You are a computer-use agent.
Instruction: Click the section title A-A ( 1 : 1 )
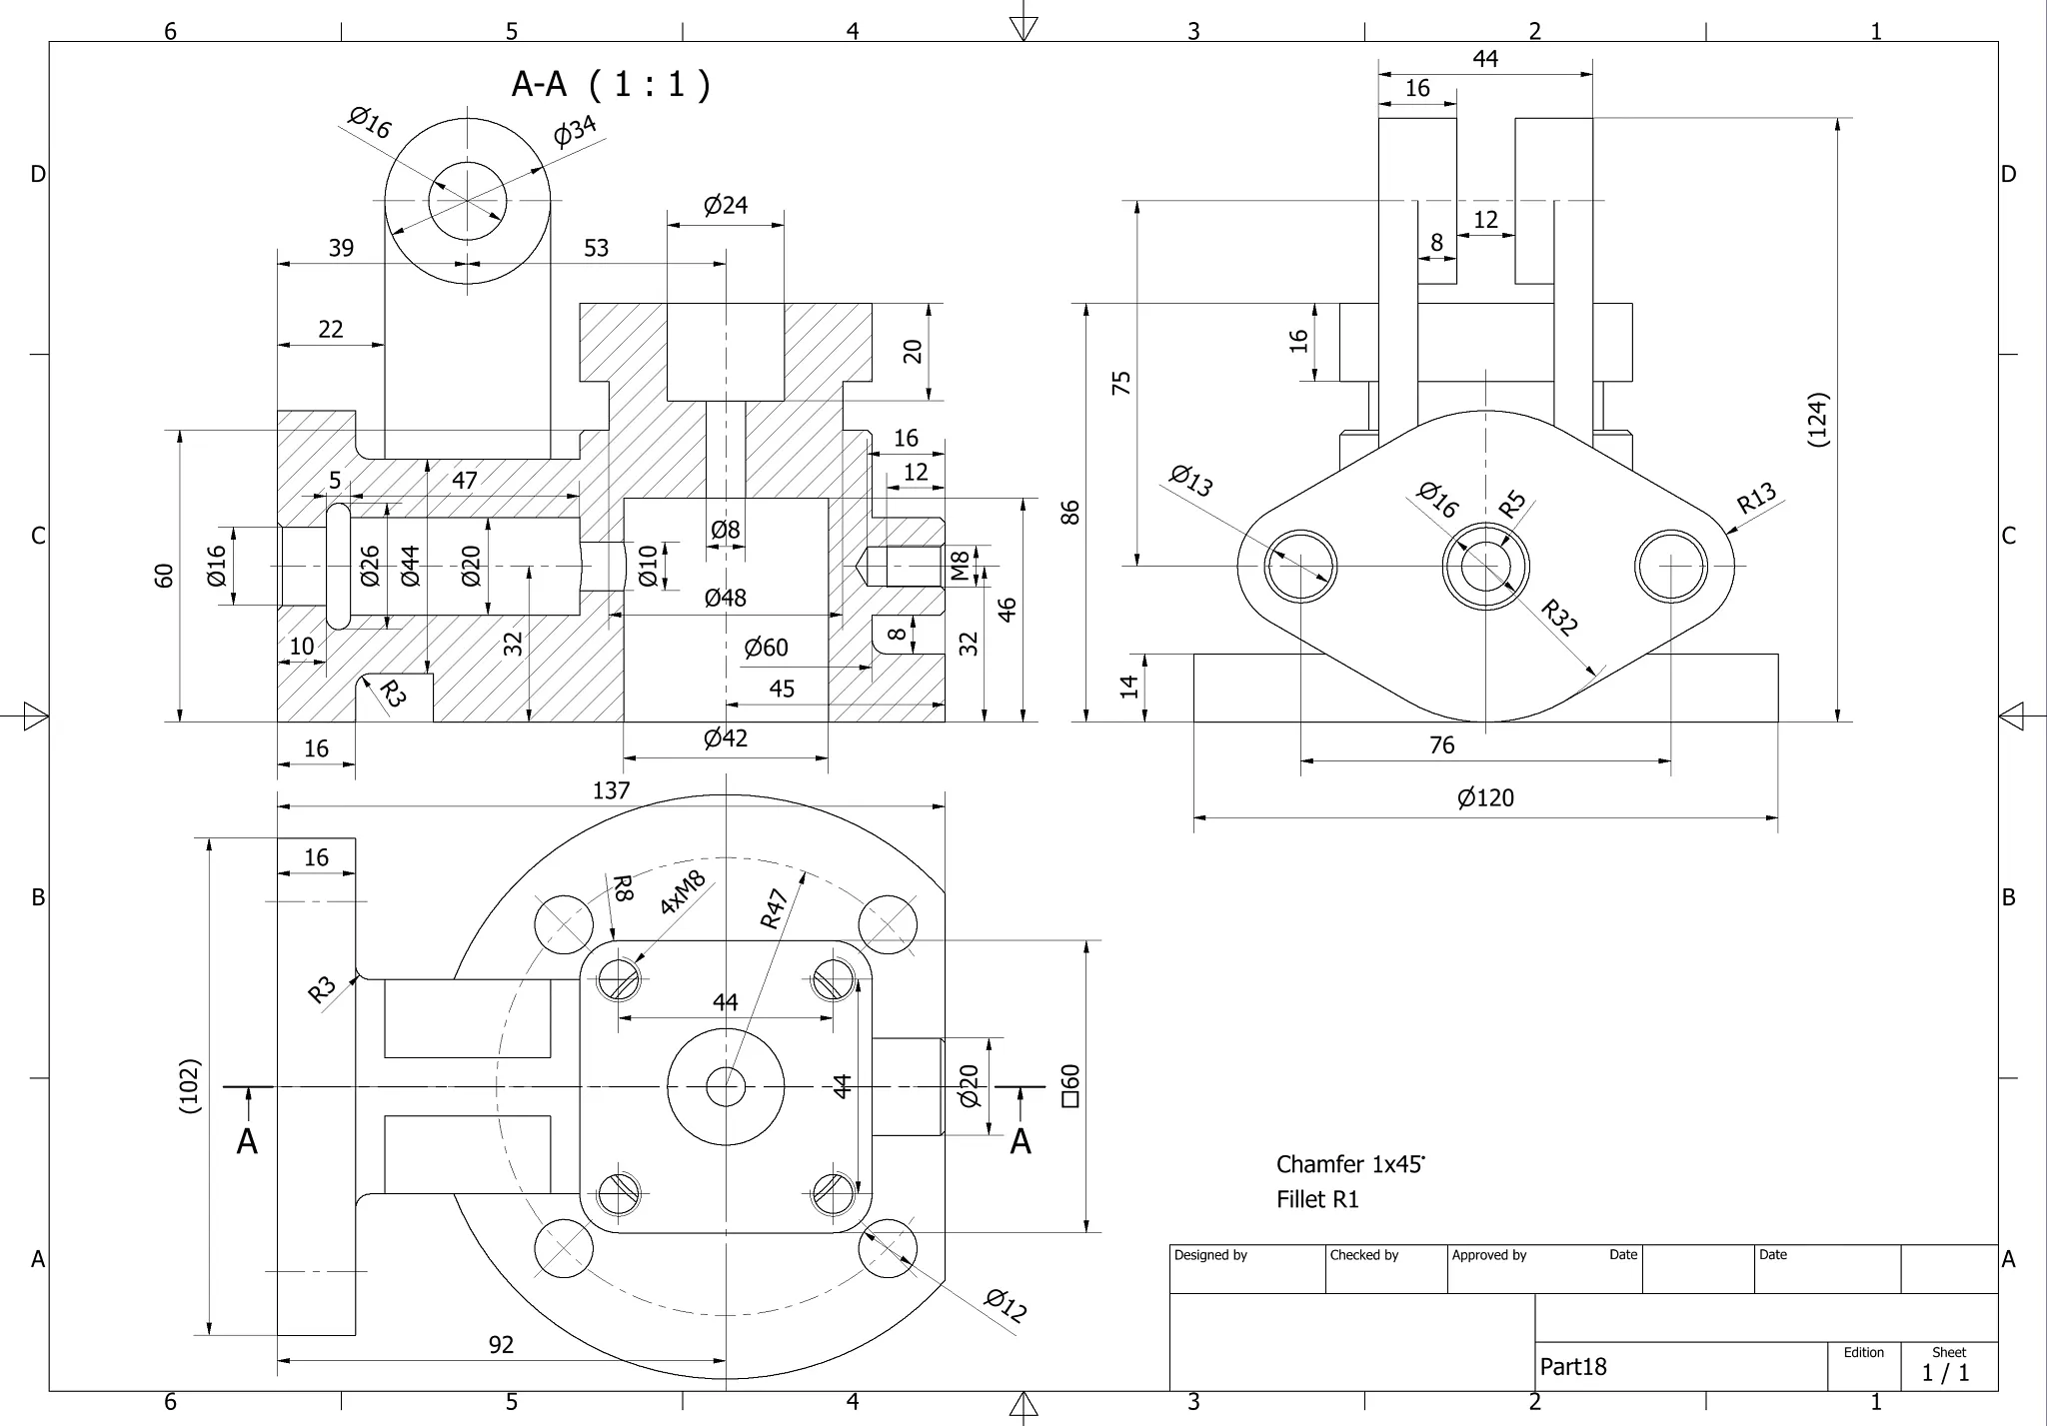(610, 84)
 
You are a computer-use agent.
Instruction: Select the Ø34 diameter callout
(575, 130)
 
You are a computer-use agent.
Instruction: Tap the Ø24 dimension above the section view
(725, 206)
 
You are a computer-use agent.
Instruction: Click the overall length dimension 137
(611, 790)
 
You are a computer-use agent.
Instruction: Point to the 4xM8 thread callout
(683, 892)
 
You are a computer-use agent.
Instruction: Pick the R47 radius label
(775, 908)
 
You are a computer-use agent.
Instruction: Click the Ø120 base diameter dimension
(1485, 797)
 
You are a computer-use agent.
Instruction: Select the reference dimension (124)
(1818, 419)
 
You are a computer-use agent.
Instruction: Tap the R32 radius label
(1558, 617)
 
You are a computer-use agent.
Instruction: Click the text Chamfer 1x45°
(1349, 1164)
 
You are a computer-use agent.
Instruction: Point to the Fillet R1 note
(1317, 1199)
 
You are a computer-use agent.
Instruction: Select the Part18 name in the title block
(1572, 1367)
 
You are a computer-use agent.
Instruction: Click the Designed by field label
(1210, 1255)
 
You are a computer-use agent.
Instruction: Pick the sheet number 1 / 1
(1945, 1373)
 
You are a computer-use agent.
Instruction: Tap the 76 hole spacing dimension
(1441, 745)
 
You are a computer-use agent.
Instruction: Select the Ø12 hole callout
(1005, 1305)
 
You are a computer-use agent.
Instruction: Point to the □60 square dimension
(1069, 1085)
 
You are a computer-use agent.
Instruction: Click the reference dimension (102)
(190, 1085)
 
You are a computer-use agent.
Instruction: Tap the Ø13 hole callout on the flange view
(1191, 481)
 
